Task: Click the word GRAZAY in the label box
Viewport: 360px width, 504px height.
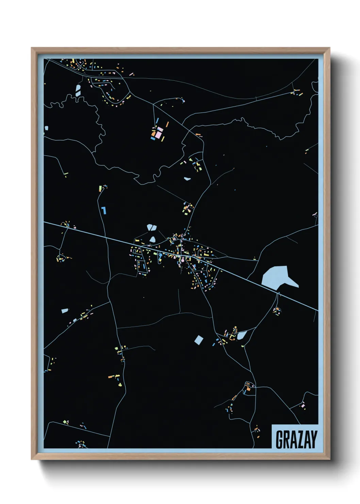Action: pos(296,439)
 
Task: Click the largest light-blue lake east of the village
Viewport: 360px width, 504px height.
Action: pos(277,276)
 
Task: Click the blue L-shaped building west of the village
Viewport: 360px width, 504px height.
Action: pos(104,210)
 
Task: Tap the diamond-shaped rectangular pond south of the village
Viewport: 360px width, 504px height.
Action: pos(198,340)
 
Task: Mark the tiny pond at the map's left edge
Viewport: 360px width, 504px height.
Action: pos(46,128)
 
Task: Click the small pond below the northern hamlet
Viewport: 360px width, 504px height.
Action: pos(187,178)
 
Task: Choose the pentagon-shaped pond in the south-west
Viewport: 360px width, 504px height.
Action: pos(65,311)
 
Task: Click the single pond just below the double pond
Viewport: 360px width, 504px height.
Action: pos(152,239)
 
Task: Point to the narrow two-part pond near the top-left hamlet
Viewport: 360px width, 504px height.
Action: pos(78,90)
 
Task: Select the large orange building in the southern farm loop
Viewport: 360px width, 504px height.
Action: pos(248,388)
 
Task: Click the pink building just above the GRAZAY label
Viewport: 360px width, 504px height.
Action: pos(302,405)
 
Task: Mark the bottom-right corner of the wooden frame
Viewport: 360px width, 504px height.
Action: pos(329,459)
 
